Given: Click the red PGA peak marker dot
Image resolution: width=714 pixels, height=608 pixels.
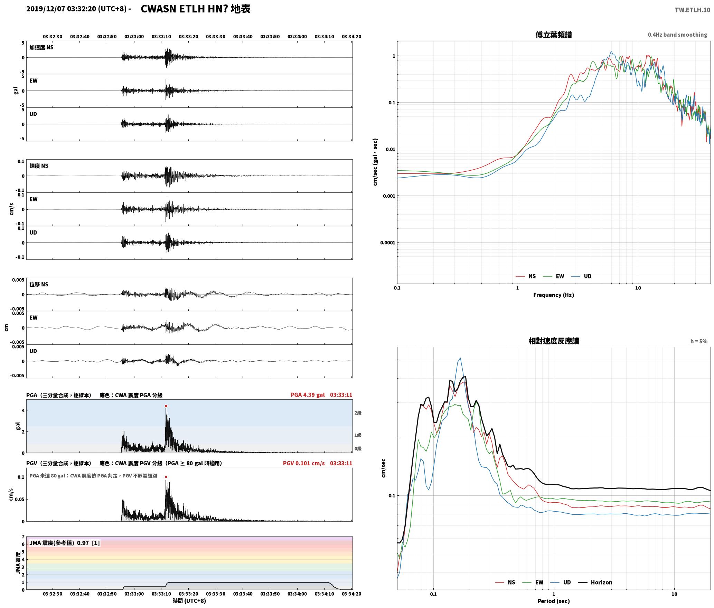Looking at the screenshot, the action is coord(166,406).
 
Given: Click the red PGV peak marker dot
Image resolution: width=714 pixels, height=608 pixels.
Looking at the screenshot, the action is coord(166,477).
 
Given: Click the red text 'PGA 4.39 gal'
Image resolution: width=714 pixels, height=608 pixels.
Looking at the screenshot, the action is coord(308,395).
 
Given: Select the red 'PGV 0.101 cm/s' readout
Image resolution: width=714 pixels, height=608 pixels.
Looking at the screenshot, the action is coord(304,463).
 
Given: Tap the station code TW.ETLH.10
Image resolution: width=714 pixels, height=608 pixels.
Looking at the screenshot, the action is coord(693,10).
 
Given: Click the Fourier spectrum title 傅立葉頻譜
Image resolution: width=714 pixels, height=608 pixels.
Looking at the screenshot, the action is coord(554,35).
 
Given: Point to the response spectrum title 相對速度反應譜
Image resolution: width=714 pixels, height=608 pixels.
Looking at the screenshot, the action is coord(554,341).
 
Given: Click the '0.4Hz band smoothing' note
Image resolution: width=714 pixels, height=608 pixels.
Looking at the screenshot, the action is coord(677,35).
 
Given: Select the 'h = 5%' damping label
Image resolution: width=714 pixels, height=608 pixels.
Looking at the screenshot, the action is coord(699,341).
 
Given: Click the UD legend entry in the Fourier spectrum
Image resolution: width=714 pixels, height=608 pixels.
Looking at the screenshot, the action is coord(581,276).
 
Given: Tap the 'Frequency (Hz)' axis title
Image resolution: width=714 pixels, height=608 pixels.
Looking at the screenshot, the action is coord(554,295).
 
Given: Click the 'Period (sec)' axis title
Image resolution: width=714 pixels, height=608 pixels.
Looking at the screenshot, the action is coord(554,601).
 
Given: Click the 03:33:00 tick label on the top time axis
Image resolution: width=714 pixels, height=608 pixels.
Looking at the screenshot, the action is coord(134,37).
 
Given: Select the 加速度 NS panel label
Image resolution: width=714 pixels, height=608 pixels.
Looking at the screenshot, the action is coord(41,48).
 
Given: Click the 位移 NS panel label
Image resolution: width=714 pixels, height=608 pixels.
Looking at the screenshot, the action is coord(39,285).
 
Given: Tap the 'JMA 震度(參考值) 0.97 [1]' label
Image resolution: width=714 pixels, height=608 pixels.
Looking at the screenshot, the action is coord(65,543).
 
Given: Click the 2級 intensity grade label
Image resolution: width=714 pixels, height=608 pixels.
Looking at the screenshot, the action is coord(358,413).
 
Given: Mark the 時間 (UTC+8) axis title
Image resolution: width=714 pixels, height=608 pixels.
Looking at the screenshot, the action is coord(189,601).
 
